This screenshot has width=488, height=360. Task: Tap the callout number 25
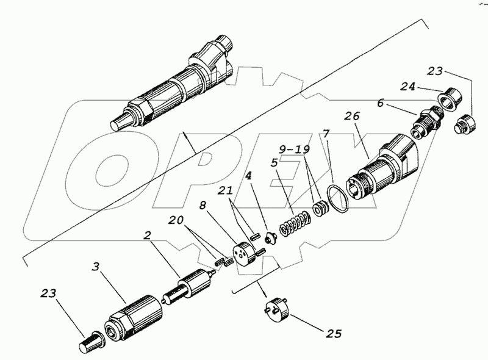point(333,334)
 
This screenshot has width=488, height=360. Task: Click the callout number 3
point(95,267)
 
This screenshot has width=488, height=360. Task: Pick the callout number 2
point(147,234)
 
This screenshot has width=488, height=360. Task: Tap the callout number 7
point(327,133)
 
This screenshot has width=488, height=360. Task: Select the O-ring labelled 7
point(337,200)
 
